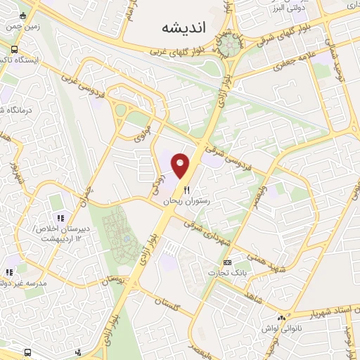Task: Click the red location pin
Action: (x=182, y=165)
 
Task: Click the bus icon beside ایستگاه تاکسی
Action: (x=15, y=49)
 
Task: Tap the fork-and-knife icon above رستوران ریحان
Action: (x=186, y=189)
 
